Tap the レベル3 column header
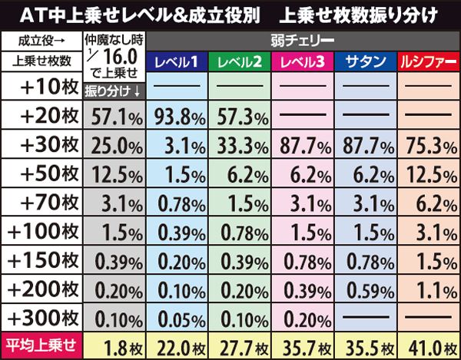[301, 61]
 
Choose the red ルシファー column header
[427, 61]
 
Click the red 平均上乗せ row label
[40, 345]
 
